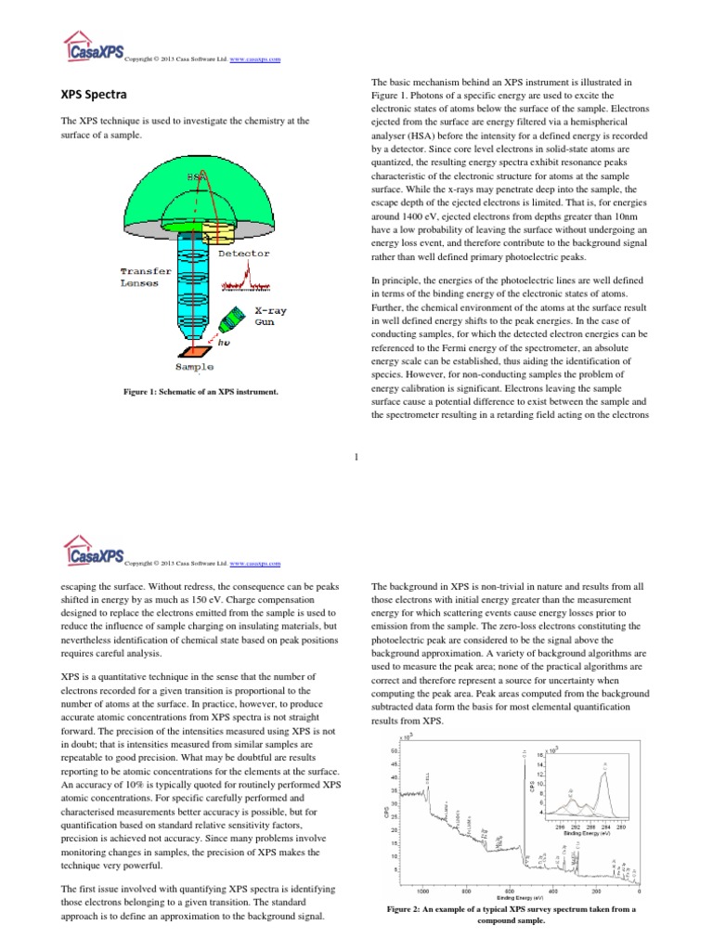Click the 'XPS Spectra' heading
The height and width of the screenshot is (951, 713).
tap(94, 96)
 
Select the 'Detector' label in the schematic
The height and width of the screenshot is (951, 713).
tap(244, 253)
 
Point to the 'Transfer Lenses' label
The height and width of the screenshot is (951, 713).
tap(146, 277)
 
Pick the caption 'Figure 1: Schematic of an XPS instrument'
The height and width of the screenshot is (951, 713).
tap(201, 392)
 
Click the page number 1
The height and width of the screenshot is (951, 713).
tap(356, 455)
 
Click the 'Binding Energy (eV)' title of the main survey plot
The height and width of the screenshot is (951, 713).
tap(514, 898)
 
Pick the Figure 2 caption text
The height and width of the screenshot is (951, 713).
tap(512, 915)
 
